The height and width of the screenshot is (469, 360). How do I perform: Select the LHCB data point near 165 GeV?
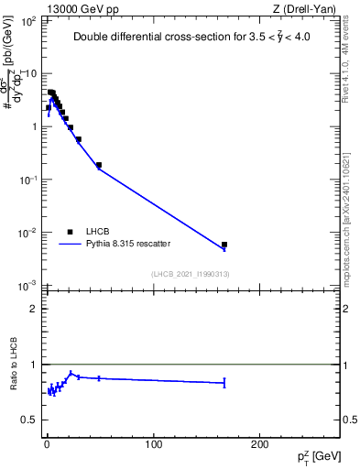(224, 245)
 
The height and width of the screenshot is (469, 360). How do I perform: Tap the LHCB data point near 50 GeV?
(99, 165)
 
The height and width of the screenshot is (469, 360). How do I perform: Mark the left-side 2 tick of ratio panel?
(33, 309)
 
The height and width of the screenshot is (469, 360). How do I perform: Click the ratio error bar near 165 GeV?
(224, 383)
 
